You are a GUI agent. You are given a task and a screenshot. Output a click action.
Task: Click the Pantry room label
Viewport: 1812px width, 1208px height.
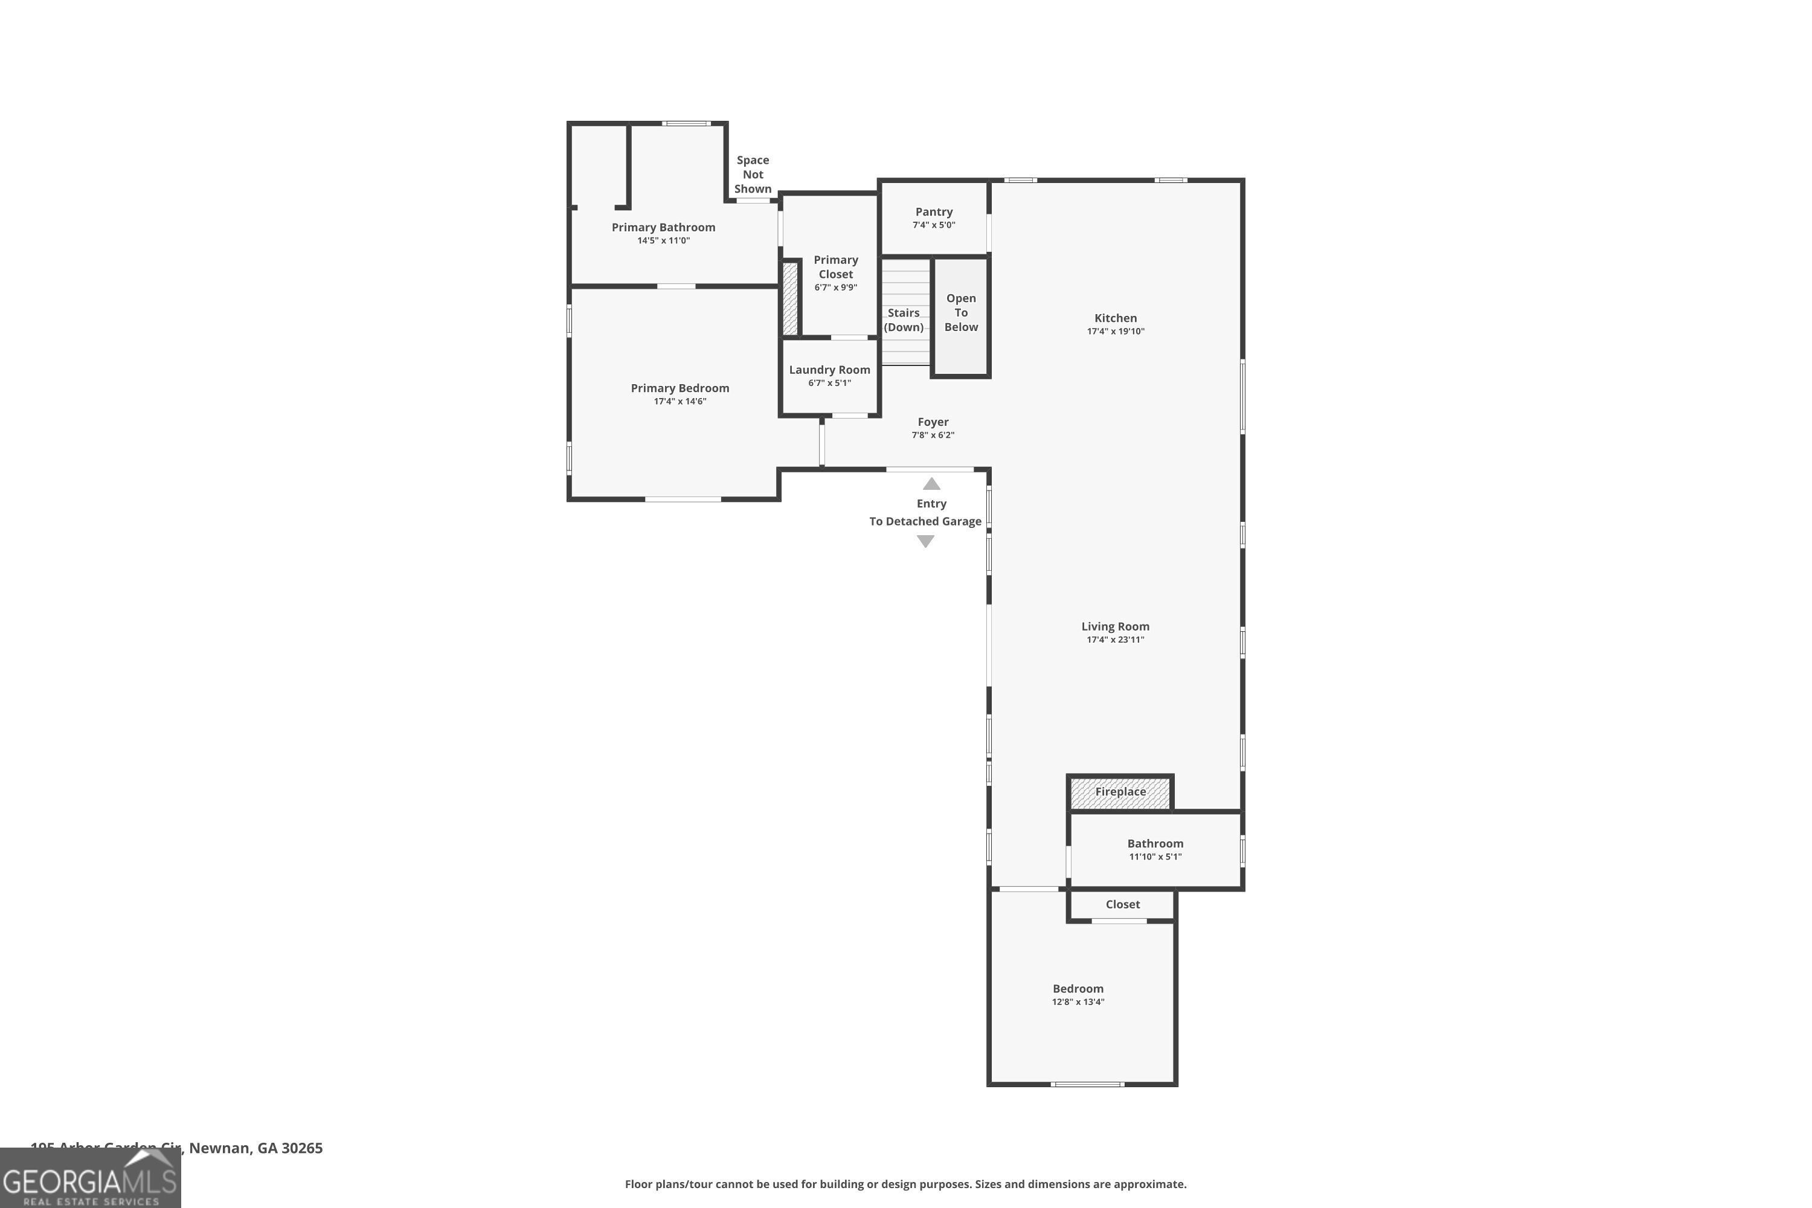pos(934,212)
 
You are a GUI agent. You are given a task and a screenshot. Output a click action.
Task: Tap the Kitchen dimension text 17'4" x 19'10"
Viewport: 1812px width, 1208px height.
pos(1116,331)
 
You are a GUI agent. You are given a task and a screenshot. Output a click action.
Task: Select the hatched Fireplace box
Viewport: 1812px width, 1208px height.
pos(1120,792)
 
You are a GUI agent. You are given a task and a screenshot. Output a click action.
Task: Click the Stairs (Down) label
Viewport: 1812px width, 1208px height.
pos(904,320)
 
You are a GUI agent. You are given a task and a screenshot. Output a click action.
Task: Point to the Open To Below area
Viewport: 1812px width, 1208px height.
pos(961,313)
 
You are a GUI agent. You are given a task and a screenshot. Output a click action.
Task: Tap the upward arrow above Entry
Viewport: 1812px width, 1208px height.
pos(931,484)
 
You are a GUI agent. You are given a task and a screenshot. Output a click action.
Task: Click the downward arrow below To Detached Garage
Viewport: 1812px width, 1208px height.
pos(925,542)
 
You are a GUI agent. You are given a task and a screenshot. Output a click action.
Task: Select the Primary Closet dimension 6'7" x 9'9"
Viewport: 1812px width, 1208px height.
pos(835,288)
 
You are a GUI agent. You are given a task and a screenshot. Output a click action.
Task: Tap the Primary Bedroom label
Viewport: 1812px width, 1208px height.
pos(679,388)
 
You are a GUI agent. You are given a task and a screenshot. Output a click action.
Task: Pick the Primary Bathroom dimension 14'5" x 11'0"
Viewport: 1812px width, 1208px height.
pos(663,240)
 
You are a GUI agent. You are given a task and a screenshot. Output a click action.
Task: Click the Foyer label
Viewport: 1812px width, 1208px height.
pos(933,422)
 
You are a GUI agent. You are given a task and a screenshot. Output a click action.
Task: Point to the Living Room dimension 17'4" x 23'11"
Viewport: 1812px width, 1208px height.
pos(1115,640)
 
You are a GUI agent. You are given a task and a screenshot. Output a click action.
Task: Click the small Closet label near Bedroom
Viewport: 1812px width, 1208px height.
pos(1122,904)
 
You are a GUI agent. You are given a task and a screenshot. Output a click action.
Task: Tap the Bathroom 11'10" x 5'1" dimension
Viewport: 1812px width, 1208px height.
pos(1155,856)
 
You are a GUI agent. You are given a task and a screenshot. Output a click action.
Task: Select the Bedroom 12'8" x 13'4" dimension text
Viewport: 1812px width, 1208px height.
pos(1078,1001)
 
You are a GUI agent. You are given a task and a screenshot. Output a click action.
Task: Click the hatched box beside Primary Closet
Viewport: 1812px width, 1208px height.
pos(789,299)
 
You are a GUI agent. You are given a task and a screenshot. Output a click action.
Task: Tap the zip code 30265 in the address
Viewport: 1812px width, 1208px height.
pos(302,1148)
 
